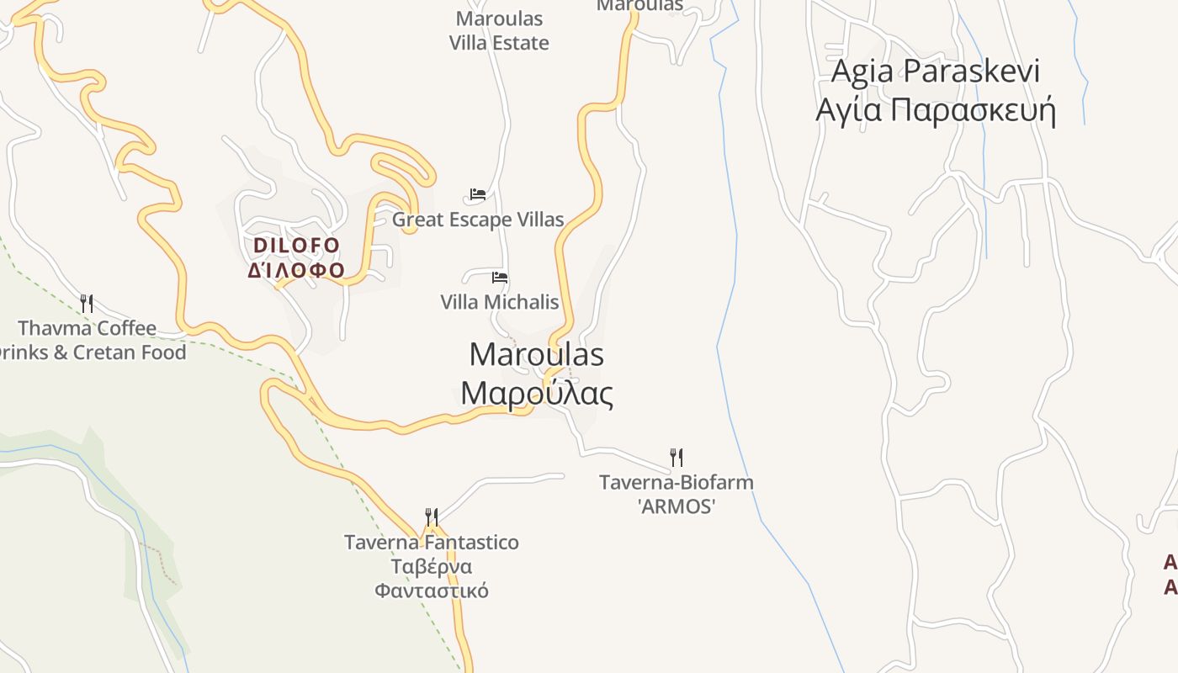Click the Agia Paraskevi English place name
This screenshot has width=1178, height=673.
pos(935,72)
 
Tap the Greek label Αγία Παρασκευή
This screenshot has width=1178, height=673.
pos(935,109)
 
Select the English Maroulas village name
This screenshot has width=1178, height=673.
pos(536,354)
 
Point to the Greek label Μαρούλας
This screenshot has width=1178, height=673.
pos(536,392)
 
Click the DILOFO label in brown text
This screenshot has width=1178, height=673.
pos(297,246)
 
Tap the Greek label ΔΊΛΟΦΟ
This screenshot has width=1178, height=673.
pos(297,270)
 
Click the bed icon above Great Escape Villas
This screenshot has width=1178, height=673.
pos(478,194)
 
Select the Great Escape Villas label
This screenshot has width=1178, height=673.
pos(478,220)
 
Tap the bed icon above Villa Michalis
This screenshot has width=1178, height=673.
pos(500,277)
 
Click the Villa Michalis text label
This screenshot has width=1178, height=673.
pos(500,302)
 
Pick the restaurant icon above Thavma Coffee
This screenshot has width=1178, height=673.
pos(87,303)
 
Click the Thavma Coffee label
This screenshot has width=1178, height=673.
pos(88,328)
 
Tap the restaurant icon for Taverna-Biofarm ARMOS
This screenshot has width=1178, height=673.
pos(676,458)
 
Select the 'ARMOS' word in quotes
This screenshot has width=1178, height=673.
pos(676,506)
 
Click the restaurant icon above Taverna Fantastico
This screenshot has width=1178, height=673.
pos(431,517)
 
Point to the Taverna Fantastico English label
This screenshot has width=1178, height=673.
pos(431,543)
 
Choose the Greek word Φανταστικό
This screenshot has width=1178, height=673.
pos(431,590)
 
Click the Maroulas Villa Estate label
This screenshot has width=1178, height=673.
pos(499,31)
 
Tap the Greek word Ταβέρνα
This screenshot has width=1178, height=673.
pos(431,566)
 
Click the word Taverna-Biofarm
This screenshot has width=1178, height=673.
pos(676,483)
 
